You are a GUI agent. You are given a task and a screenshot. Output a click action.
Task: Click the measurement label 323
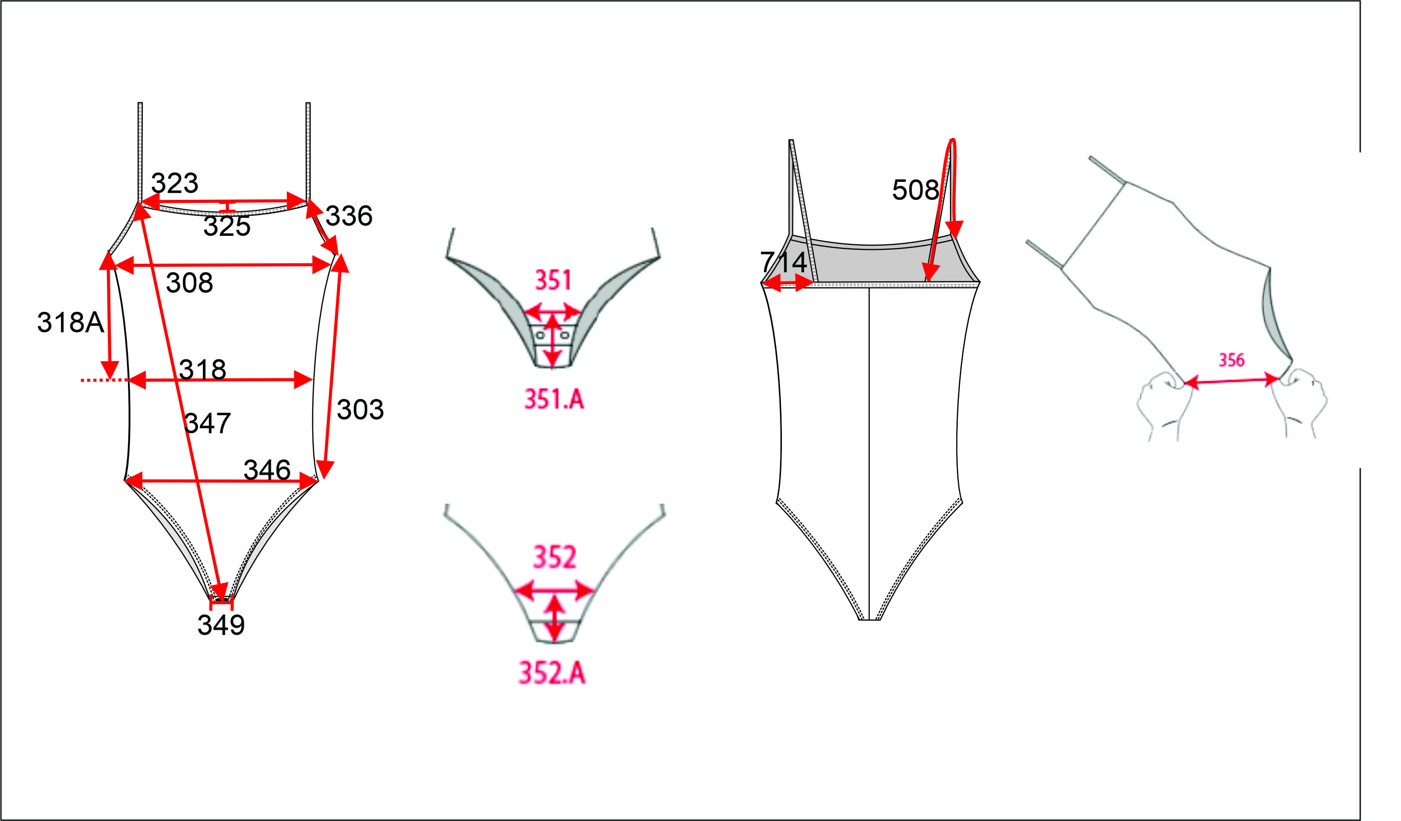pos(174,183)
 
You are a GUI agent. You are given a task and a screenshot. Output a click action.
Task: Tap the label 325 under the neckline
pos(227,226)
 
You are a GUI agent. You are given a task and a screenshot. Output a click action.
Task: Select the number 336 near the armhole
pos(349,216)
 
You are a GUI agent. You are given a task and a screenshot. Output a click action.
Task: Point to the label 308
pos(189,283)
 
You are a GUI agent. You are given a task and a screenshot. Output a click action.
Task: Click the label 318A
pos(70,322)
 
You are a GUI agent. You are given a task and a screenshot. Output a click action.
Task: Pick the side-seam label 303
pos(360,410)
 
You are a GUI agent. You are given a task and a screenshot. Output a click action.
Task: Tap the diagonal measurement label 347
pos(207,424)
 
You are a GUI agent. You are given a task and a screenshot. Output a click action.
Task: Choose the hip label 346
pos(267,470)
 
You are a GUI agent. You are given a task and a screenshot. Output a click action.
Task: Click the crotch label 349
pos(221,625)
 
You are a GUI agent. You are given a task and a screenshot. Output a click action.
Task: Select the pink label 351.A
pos(554,399)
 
